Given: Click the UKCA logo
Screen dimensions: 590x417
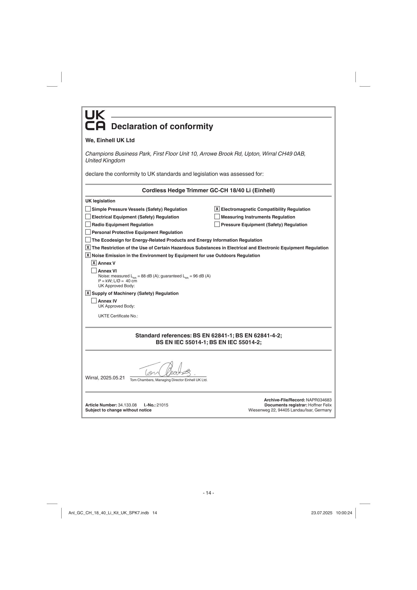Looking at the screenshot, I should click(x=95, y=120).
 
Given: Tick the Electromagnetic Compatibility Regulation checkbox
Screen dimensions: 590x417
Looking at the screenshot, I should click(x=217, y=209).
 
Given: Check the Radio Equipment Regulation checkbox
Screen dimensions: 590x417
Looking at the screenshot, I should click(x=88, y=224).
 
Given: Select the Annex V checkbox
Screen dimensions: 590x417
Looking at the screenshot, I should click(x=94, y=263).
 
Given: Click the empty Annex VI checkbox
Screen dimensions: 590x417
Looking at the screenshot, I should click(x=94, y=271).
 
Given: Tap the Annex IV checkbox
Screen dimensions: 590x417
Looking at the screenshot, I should click(x=94, y=301).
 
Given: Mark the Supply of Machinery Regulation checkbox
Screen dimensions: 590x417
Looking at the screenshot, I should click(x=88, y=293).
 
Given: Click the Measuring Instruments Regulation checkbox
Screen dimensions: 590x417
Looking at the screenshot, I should click(x=217, y=217).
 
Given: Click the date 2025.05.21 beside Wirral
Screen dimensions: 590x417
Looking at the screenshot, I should click(x=113, y=378).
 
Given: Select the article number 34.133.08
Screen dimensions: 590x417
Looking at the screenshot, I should click(x=127, y=405).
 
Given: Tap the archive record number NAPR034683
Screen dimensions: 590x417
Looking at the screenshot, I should click(x=319, y=400).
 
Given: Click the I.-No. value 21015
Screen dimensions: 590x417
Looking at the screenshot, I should click(x=162, y=405).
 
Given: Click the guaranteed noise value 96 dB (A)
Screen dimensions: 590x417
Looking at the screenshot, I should click(x=202, y=276).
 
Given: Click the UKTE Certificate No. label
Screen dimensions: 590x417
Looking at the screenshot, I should click(x=118, y=316).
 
